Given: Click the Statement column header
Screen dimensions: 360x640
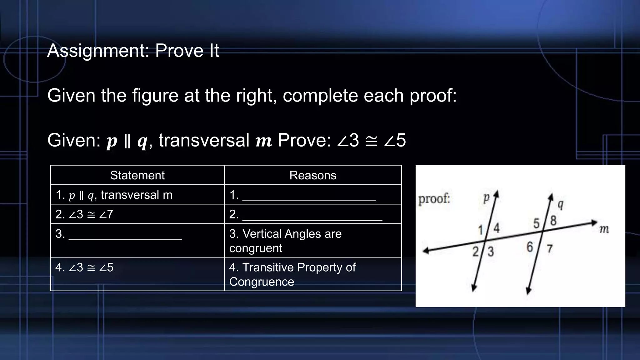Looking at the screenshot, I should tap(137, 175).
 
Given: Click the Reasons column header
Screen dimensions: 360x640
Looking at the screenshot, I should tap(313, 175).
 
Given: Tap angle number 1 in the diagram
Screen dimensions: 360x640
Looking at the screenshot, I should tap(481, 231).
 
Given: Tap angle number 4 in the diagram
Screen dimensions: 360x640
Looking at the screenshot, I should tap(496, 228).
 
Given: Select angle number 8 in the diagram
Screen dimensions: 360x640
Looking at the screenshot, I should tap(553, 221).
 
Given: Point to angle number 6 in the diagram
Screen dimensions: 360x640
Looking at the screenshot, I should tap(530, 247).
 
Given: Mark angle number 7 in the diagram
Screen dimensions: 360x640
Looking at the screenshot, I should tap(550, 249).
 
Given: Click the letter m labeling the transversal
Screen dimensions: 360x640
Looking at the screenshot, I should tap(604, 230).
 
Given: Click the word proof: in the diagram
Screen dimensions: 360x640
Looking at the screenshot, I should tap(434, 198).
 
